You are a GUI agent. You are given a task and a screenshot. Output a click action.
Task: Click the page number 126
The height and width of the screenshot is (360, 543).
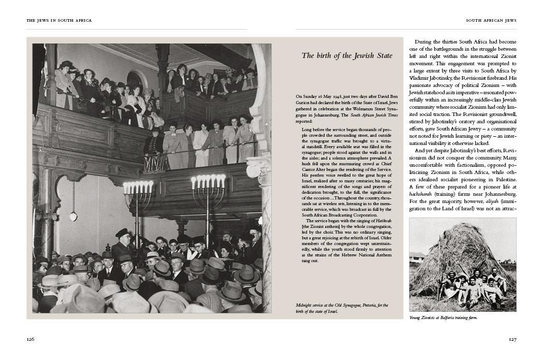click(31, 339)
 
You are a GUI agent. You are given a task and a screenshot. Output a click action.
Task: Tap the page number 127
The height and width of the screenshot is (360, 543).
click(512, 339)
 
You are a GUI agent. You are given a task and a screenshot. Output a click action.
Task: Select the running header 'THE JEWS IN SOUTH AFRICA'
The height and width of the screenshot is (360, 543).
click(59, 21)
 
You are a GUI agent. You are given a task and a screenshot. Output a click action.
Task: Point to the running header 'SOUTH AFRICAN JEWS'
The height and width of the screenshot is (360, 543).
click(491, 21)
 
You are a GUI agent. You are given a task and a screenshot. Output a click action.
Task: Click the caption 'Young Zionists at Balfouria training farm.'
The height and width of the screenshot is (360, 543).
click(443, 318)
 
